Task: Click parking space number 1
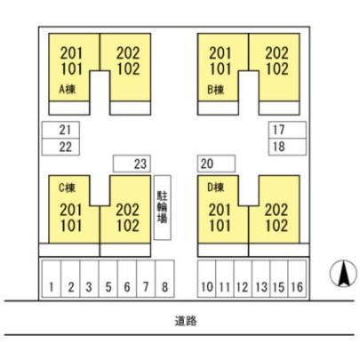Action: click(x=52, y=278)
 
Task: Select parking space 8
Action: click(x=164, y=278)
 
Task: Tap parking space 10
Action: click(x=207, y=278)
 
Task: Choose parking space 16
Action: click(x=297, y=278)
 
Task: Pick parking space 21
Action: click(x=60, y=130)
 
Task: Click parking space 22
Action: click(x=60, y=147)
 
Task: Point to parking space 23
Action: click(x=132, y=164)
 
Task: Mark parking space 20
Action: click(x=217, y=164)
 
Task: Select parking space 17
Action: click(x=287, y=130)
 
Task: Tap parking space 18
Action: click(x=287, y=147)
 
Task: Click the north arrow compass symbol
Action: click(x=343, y=274)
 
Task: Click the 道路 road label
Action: click(x=186, y=321)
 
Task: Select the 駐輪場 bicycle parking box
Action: click(x=163, y=207)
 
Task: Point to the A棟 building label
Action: click(x=68, y=89)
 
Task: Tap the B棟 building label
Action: click(x=216, y=89)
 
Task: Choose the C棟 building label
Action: click(x=68, y=188)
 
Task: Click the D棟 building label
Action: click(x=216, y=188)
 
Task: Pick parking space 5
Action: click(x=108, y=278)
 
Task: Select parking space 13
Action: click(x=261, y=278)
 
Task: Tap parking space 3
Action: click(x=89, y=278)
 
